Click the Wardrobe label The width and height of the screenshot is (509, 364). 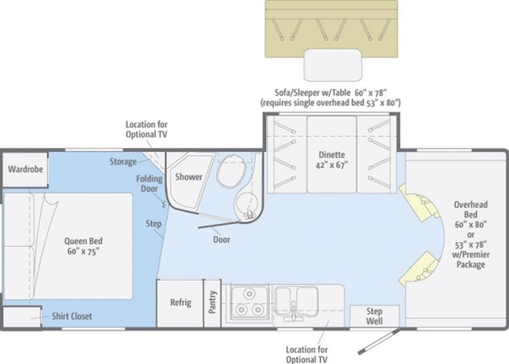pyautogui.click(x=25, y=169)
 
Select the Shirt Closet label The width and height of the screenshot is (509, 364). pyautogui.click(x=72, y=316)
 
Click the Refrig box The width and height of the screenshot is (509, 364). pyautogui.click(x=181, y=303)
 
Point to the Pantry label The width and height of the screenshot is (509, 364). pyautogui.click(x=212, y=302)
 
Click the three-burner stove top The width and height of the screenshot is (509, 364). pyautogui.click(x=249, y=302)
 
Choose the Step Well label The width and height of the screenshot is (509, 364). pyautogui.click(x=374, y=316)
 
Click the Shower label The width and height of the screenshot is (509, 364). pyautogui.click(x=188, y=177)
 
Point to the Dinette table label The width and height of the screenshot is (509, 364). pyautogui.click(x=331, y=160)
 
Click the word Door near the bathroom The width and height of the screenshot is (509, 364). pyautogui.click(x=221, y=240)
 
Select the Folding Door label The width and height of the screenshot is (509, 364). pyautogui.click(x=150, y=184)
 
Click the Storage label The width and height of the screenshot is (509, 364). pyautogui.click(x=123, y=162)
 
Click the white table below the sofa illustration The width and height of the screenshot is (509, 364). pyautogui.click(x=333, y=65)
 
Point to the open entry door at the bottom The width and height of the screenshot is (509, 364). pyautogui.click(x=379, y=342)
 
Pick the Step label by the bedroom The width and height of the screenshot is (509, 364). pyautogui.click(x=153, y=224)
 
